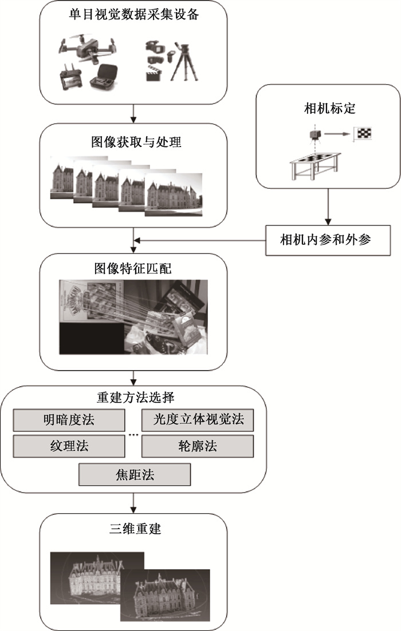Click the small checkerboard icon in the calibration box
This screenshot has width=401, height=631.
pyautogui.click(x=364, y=133)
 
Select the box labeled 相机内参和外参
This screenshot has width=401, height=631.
pyautogui.click(x=328, y=239)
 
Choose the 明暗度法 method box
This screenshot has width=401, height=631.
pyautogui.click(x=68, y=420)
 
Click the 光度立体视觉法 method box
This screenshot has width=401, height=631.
pyautogui.click(x=198, y=420)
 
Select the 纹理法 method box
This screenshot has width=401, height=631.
pyautogui.click(x=68, y=446)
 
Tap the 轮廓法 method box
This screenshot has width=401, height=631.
pyautogui.click(x=198, y=446)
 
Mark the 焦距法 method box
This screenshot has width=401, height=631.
pyautogui.click(x=134, y=474)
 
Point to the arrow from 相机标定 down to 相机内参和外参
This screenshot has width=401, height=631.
pyautogui.click(x=328, y=206)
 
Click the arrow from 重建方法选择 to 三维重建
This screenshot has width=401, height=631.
pyautogui.click(x=133, y=502)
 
